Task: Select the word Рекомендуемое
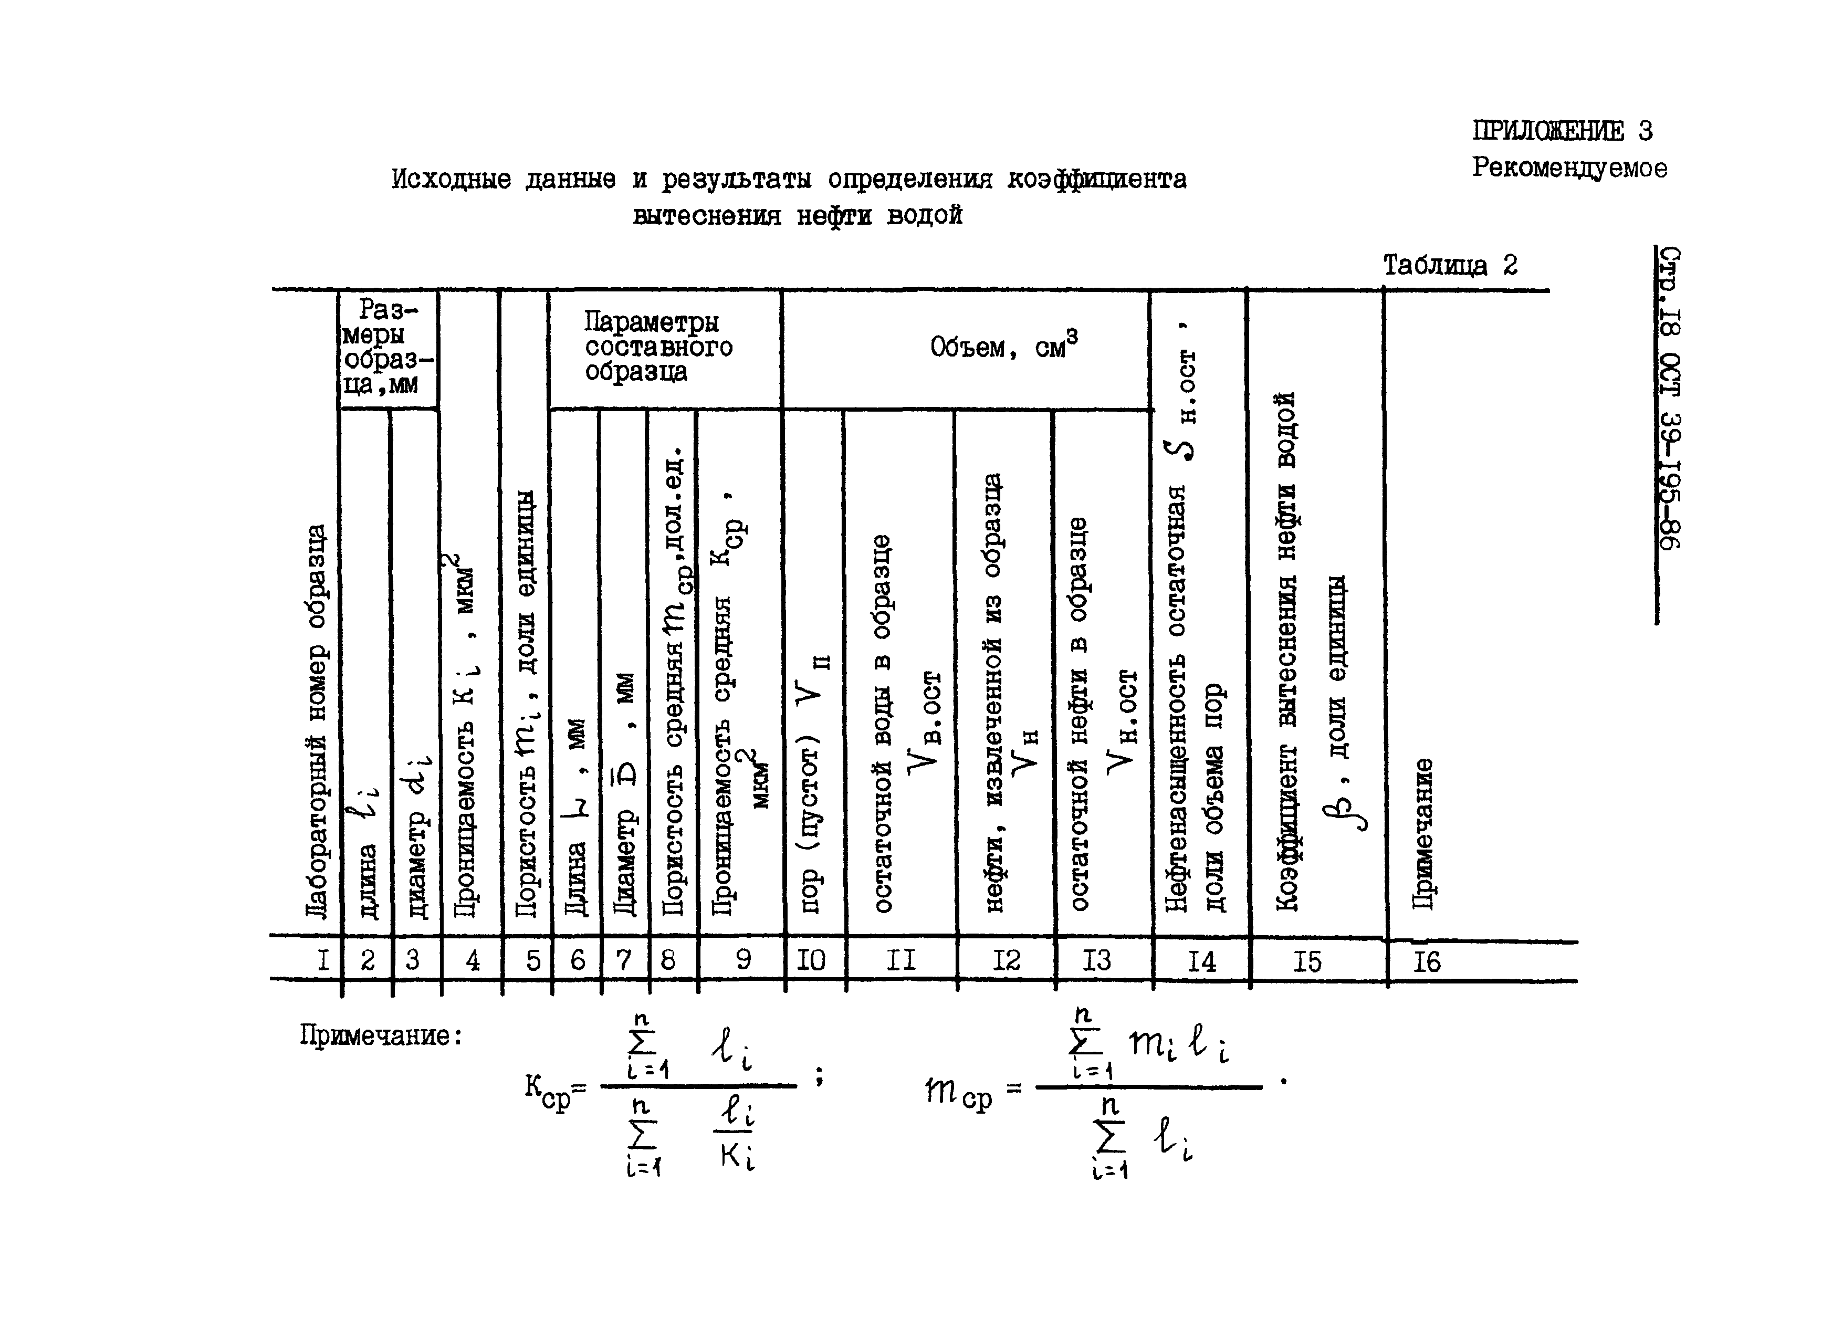[x=1568, y=168]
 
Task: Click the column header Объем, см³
[x=1003, y=347]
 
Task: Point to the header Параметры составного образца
[x=658, y=347]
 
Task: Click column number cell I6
[x=1426, y=962]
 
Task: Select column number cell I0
[x=810, y=960]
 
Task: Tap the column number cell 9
[x=743, y=960]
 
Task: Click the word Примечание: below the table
[x=380, y=1036]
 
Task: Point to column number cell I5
[x=1307, y=962]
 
